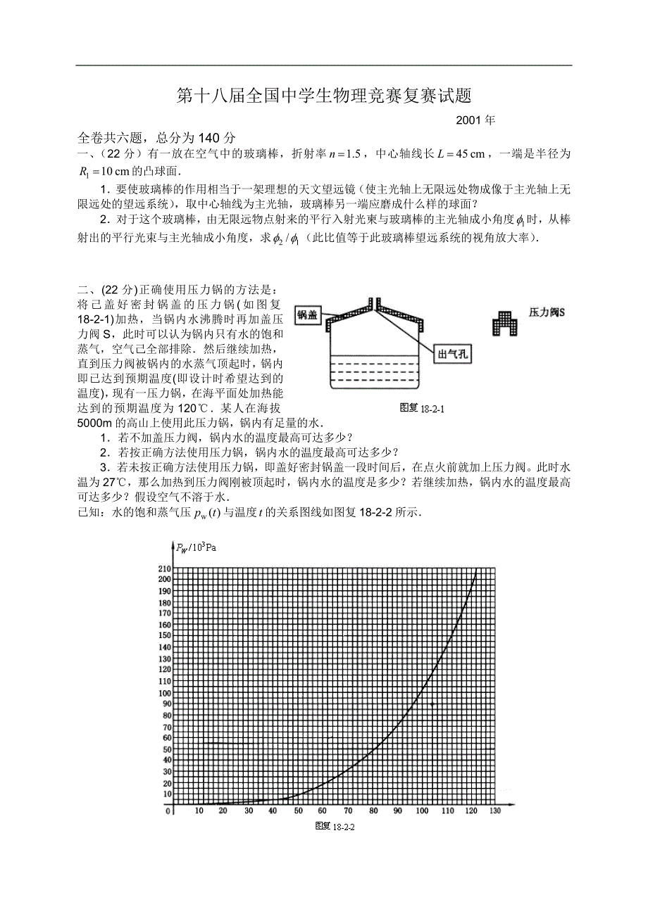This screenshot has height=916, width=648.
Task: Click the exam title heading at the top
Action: point(323,96)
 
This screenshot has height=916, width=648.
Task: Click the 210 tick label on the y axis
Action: point(165,568)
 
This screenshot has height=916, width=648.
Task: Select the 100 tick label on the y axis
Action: point(165,693)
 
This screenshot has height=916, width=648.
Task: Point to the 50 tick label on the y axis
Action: point(167,750)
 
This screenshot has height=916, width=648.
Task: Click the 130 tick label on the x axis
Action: point(495,811)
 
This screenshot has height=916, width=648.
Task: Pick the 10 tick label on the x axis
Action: point(199,811)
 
